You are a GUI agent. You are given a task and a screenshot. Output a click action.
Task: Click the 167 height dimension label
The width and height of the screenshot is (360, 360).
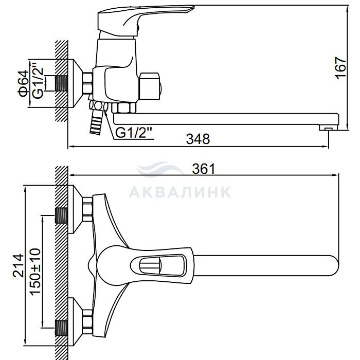pos(341,68)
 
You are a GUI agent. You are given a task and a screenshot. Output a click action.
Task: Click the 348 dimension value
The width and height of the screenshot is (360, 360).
pos(198,139)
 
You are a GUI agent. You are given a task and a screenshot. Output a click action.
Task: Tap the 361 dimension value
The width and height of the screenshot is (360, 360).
pos(204,169)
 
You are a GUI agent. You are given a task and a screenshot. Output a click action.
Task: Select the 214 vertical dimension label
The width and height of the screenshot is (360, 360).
pos(18,265)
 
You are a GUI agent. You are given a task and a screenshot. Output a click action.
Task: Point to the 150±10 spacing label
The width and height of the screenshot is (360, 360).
pos(35,271)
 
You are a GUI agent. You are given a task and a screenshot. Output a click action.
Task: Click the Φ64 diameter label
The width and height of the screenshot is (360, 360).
pos(24,83)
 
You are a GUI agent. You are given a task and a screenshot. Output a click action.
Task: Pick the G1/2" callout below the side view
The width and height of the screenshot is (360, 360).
pos(134,133)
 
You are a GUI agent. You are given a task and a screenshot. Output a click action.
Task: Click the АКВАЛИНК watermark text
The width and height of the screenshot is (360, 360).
pos(180,192)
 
